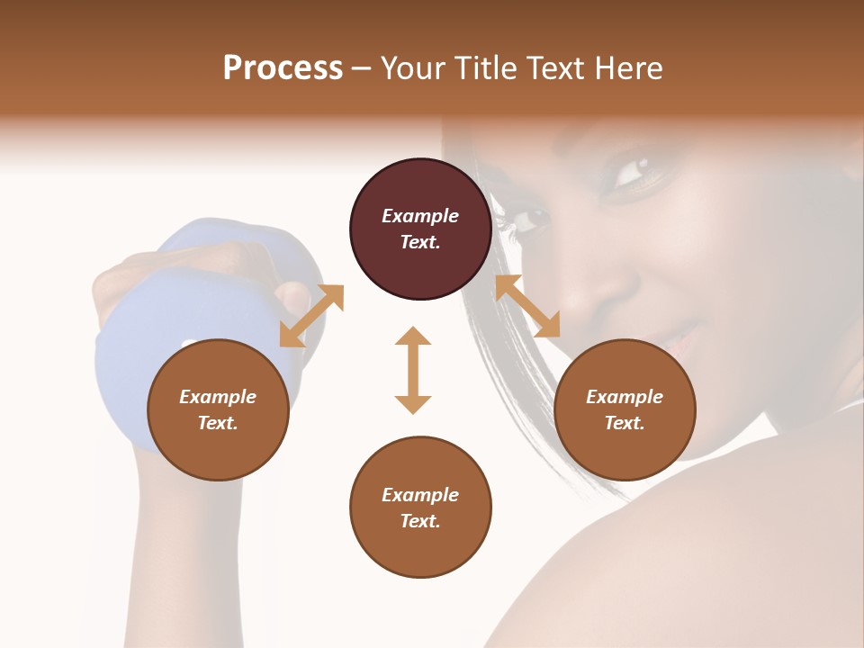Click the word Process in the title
283,68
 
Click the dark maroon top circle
420,229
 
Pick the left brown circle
218,409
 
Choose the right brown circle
625,409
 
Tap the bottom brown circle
420,508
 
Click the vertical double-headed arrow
413,370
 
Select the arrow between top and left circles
311,316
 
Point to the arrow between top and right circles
527,306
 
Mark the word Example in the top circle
420,216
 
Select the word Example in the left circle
218,397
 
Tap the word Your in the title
410,68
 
